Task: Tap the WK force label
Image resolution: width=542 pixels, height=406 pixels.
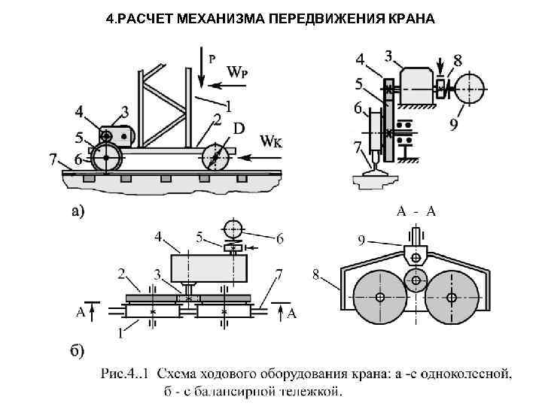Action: coord(272,141)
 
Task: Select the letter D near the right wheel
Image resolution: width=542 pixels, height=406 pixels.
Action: coord(239,129)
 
